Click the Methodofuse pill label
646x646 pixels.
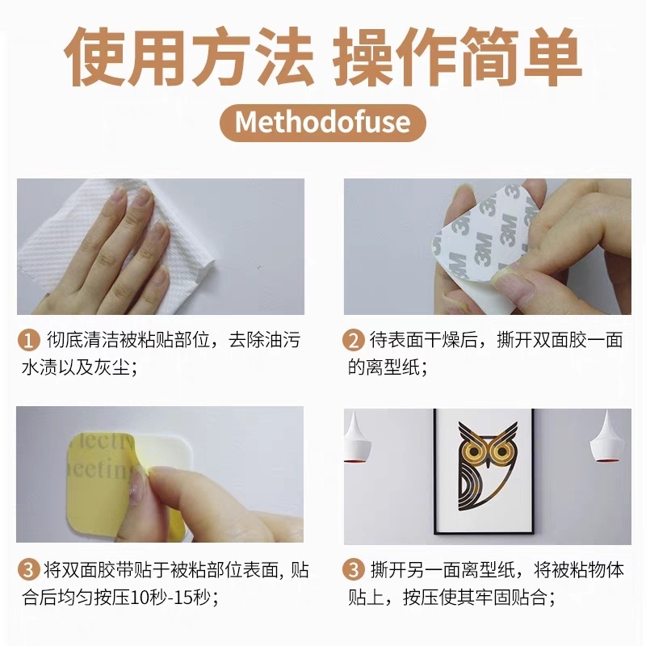pos(322,123)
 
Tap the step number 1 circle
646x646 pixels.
pos(28,341)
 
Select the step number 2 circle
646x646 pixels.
pos(354,341)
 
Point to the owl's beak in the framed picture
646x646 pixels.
pos(488,463)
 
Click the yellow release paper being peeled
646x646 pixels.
pos(101,485)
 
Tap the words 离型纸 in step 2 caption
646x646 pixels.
pos(393,367)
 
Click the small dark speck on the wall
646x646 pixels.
pos(259,267)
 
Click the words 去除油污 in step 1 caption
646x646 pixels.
pos(265,340)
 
